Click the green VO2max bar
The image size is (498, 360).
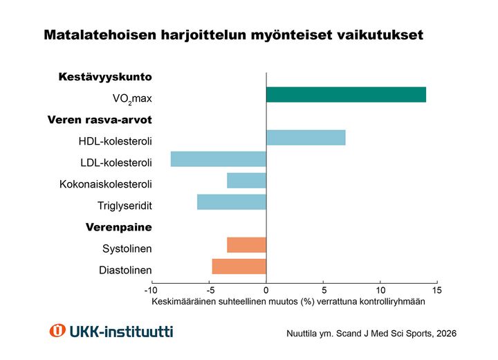click(x=346, y=95)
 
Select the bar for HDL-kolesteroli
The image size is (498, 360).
click(x=306, y=138)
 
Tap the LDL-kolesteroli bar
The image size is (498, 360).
click(x=219, y=159)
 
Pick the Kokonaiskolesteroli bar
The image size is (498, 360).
click(x=246, y=181)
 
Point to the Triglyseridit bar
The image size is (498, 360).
click(x=232, y=202)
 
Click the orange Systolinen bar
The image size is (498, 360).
click(x=246, y=245)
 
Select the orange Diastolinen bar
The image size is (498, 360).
click(x=239, y=267)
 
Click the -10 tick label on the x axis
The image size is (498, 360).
click(x=151, y=289)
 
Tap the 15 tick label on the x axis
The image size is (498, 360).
click(x=436, y=289)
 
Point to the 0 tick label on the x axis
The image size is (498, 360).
click(x=266, y=289)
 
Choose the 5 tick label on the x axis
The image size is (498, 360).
click(x=323, y=289)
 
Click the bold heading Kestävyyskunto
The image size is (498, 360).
click(x=105, y=77)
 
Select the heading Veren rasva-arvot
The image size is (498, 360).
click(x=100, y=120)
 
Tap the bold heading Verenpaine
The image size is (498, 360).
click(x=118, y=227)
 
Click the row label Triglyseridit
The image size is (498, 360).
click(x=124, y=206)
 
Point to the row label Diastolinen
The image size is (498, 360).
click(x=125, y=270)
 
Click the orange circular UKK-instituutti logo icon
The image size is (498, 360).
click(x=57, y=331)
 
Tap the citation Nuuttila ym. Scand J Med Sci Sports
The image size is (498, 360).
click(x=371, y=333)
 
